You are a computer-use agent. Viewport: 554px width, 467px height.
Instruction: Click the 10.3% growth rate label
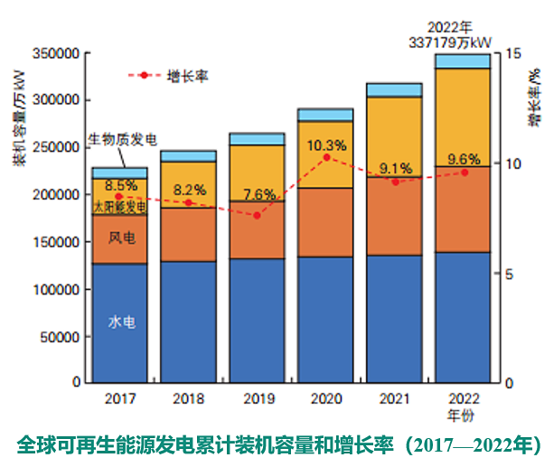[x=326, y=145]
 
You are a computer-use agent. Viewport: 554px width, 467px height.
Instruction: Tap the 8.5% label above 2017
[x=120, y=185]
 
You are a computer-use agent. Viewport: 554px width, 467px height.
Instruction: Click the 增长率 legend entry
[x=187, y=76]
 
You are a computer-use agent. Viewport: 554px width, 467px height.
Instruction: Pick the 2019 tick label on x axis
[x=257, y=397]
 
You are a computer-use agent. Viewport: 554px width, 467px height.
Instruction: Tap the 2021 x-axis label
[x=394, y=397]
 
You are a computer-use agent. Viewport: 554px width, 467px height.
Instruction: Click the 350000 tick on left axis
[x=56, y=54]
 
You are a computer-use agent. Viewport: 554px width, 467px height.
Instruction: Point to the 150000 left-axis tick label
[x=56, y=242]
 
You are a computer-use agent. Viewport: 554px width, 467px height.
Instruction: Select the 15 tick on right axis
[x=511, y=54]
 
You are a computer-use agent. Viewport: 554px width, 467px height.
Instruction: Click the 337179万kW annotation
[x=464, y=40]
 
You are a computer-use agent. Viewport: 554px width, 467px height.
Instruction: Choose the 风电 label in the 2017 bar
[x=121, y=238]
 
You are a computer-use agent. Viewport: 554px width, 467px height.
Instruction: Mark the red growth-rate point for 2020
[x=326, y=157]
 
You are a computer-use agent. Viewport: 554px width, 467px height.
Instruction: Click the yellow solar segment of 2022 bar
[x=463, y=117]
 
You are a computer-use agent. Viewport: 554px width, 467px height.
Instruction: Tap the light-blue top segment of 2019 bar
[x=257, y=139]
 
